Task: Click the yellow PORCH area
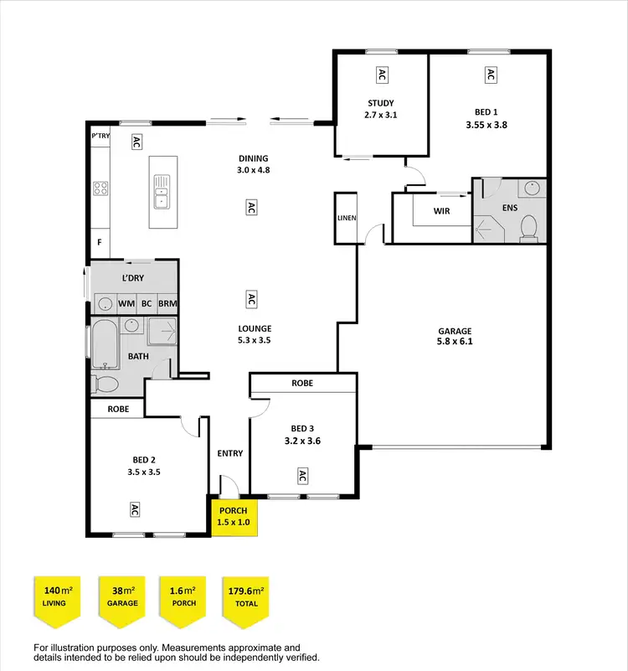[x=234, y=516]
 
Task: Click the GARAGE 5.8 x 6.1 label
[x=455, y=336]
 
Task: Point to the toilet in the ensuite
[x=528, y=227]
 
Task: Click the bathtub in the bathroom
[x=105, y=343]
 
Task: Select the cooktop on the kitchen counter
[x=100, y=188]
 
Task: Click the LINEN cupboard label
[x=347, y=218]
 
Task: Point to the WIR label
[x=441, y=211]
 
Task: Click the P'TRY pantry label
[x=100, y=135]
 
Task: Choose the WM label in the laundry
[x=126, y=303]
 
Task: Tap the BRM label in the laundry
[x=167, y=303]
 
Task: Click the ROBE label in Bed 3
[x=302, y=383]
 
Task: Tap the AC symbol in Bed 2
[x=134, y=508]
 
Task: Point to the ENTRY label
[x=230, y=453]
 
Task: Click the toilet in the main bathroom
[x=106, y=384]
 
